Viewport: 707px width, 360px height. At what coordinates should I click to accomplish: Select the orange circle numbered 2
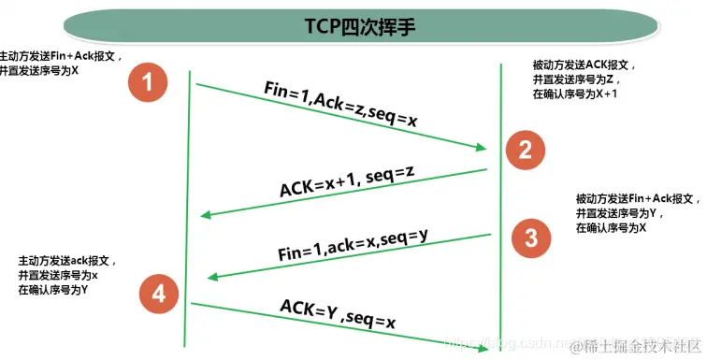point(526,148)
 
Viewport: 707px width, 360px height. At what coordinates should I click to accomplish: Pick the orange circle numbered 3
point(531,238)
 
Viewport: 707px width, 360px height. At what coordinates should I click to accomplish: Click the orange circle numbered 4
point(158,295)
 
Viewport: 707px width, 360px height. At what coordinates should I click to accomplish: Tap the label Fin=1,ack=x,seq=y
point(353,245)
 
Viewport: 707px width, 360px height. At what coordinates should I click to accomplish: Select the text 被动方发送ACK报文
point(584,66)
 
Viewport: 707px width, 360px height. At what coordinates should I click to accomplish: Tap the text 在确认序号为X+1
point(572,94)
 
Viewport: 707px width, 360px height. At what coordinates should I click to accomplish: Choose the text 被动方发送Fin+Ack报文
point(636,199)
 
